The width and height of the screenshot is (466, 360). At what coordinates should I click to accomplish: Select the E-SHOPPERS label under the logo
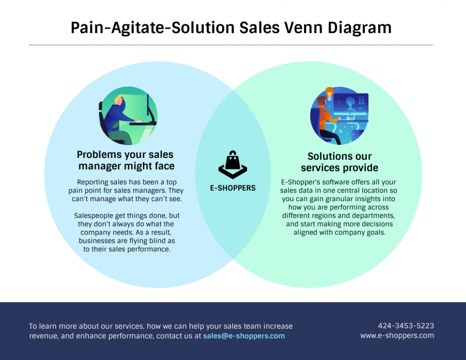point(233,188)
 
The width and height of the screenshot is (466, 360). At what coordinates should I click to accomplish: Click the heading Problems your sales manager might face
point(126,160)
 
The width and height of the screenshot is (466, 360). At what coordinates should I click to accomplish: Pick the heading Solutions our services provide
point(339,162)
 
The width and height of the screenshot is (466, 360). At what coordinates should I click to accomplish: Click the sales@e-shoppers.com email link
point(244,336)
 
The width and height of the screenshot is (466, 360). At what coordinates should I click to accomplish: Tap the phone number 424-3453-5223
point(406,326)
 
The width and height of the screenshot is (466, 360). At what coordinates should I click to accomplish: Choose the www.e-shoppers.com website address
point(397,335)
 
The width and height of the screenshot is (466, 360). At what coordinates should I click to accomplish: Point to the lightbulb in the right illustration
point(329,92)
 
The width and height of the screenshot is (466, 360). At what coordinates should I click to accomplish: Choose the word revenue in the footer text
point(42,336)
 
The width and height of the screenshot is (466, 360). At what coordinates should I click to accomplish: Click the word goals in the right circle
point(375,232)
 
